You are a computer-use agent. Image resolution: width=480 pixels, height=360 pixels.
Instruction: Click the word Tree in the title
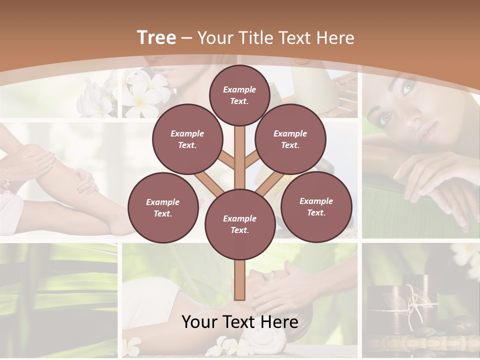[x=156, y=37]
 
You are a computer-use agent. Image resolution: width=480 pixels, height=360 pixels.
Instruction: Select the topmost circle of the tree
[x=239, y=95]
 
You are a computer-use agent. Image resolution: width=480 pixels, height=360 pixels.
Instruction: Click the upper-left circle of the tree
[x=187, y=139]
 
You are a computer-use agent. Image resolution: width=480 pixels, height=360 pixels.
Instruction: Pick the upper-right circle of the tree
[x=290, y=139]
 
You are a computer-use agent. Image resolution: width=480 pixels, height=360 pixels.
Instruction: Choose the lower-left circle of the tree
[x=163, y=207]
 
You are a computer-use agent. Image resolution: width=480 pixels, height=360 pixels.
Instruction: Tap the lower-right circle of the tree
[x=316, y=206]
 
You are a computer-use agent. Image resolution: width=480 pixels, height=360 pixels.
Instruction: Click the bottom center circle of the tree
[x=239, y=224]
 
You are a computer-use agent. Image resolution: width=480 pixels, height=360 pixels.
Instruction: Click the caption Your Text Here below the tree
[x=239, y=321]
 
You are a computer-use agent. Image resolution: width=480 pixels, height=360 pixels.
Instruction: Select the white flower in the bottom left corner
[x=132, y=344]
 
